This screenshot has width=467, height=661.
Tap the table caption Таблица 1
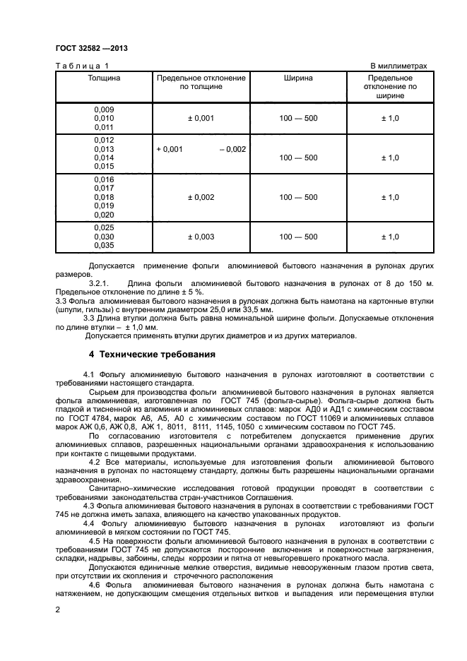78,66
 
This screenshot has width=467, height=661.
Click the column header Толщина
104,78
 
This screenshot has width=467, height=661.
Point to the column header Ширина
299,78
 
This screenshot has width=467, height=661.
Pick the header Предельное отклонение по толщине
201,82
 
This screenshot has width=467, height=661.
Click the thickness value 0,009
104,109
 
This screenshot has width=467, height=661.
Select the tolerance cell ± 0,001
201,119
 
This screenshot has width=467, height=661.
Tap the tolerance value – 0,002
232,149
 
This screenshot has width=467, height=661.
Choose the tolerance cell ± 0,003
201,237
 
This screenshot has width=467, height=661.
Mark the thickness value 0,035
104,246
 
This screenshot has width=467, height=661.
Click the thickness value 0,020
104,215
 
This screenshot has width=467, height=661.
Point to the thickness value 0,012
104,140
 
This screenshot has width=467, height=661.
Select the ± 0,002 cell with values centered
201,197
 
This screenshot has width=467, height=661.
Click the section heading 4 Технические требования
147,354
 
